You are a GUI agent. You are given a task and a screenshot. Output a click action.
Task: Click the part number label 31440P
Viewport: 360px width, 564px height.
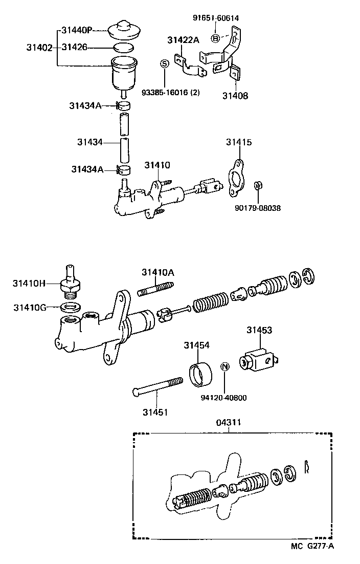pyautogui.click(x=76, y=30)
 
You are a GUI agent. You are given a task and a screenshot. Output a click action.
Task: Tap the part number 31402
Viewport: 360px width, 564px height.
pyautogui.click(x=39, y=48)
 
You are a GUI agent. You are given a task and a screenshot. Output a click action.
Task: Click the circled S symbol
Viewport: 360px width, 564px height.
pyautogui.click(x=165, y=63)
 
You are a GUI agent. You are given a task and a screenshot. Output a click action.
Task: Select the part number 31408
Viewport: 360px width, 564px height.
pyautogui.click(x=235, y=95)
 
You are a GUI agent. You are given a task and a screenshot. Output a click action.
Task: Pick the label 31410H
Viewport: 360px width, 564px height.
pyautogui.click(x=29, y=282)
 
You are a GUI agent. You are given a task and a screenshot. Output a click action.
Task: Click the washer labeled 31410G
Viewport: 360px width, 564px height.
pyautogui.click(x=69, y=308)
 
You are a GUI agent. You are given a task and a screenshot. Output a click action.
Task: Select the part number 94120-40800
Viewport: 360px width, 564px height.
pyautogui.click(x=224, y=397)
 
